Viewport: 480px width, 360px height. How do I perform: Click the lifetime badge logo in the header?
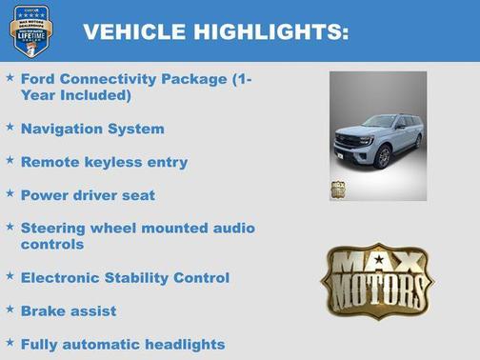(30, 30)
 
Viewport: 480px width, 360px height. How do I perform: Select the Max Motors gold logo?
(376, 280)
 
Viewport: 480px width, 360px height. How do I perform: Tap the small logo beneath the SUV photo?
(338, 189)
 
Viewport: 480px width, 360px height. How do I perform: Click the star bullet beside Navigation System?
(10, 126)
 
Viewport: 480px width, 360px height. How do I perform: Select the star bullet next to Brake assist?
(10, 309)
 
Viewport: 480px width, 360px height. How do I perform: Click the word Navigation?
(59, 129)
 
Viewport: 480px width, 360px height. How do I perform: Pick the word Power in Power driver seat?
(44, 195)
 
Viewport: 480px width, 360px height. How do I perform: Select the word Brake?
(43, 311)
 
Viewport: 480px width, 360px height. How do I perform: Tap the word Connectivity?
(107, 79)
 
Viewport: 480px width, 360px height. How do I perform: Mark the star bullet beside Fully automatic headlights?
(10, 342)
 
